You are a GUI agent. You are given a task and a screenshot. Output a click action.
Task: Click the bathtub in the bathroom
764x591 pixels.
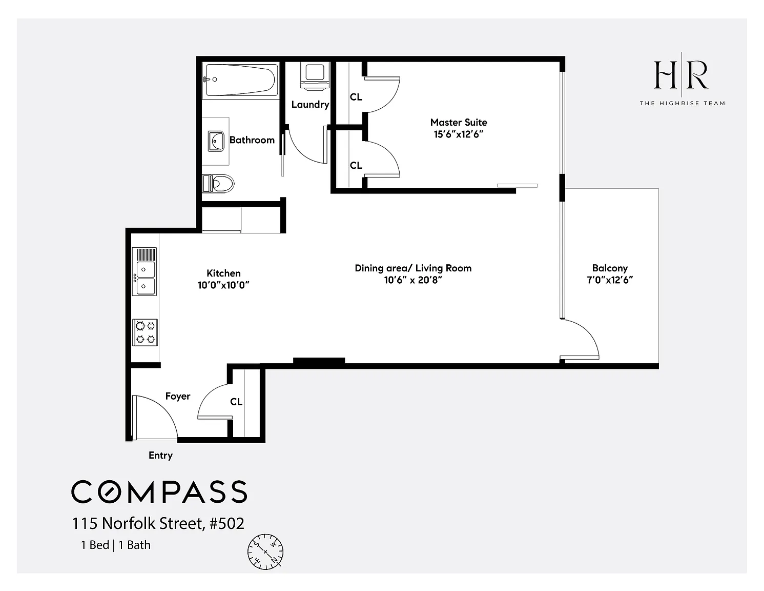[240, 80]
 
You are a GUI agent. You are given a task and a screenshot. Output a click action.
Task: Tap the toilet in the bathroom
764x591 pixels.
[218, 183]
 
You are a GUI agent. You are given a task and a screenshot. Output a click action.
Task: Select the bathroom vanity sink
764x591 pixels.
[216, 141]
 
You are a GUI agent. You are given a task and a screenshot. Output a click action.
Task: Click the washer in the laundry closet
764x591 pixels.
[315, 76]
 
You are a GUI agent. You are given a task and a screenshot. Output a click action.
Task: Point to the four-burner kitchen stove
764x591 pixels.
[145, 332]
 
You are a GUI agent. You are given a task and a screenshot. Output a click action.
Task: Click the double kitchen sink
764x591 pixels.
[144, 271]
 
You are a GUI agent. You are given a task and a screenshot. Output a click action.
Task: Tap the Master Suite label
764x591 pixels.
[459, 123]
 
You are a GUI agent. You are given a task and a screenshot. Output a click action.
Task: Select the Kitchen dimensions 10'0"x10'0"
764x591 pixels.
[223, 285]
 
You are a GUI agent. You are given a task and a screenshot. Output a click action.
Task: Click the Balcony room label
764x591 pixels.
[610, 268]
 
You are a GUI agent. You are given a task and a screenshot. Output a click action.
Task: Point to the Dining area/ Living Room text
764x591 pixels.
[413, 268]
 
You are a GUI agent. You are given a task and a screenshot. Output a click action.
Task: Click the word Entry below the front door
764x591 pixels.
[161, 456]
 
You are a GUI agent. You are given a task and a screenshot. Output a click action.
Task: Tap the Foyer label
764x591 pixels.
[178, 397]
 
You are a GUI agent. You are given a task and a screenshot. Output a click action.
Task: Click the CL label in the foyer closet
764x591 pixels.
[236, 402]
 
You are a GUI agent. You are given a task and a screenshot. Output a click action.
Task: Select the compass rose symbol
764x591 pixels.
[265, 551]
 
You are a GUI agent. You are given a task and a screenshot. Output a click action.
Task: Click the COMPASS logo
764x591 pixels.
[159, 491]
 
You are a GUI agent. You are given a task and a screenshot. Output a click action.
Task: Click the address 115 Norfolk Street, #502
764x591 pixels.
[158, 523]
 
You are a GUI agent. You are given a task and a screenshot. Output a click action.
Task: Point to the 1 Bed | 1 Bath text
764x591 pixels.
[116, 545]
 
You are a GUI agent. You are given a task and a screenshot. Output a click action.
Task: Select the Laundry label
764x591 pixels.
[310, 105]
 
